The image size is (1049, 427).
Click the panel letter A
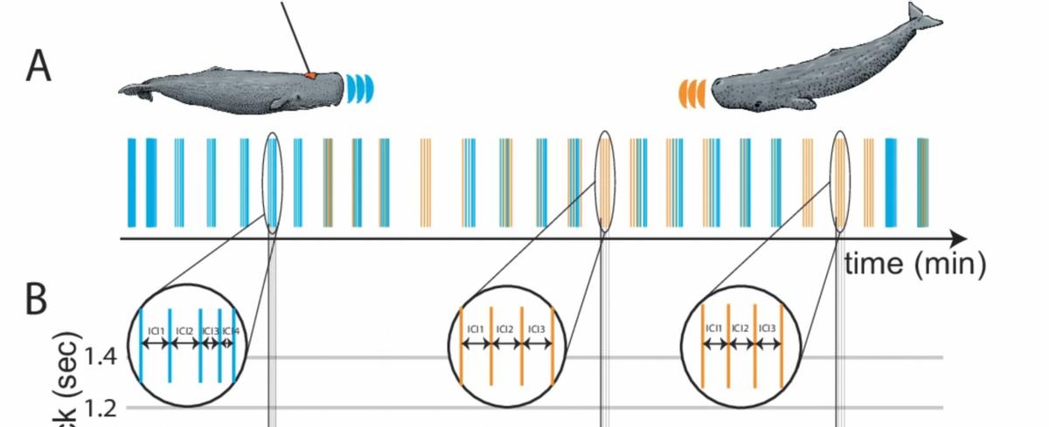[x=37, y=65]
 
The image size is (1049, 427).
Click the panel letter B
[x=36, y=300]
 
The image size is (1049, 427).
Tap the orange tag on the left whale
[x=310, y=77]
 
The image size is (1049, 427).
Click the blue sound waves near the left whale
[x=360, y=86]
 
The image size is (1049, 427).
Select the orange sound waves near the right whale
[x=691, y=91]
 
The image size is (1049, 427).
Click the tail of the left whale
[x=131, y=89]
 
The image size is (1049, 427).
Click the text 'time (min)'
[x=914, y=261]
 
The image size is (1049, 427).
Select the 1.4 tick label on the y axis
[x=105, y=357]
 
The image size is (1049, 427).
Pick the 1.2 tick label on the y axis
[x=105, y=407]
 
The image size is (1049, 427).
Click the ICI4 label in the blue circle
[x=230, y=330]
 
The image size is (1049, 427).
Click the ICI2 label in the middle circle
[x=505, y=329]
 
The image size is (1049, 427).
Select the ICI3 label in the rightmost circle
[x=767, y=328]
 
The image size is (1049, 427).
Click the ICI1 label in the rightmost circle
[x=714, y=328]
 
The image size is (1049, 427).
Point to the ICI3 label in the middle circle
[x=536, y=329]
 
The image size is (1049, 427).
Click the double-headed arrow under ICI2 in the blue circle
[x=184, y=344]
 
